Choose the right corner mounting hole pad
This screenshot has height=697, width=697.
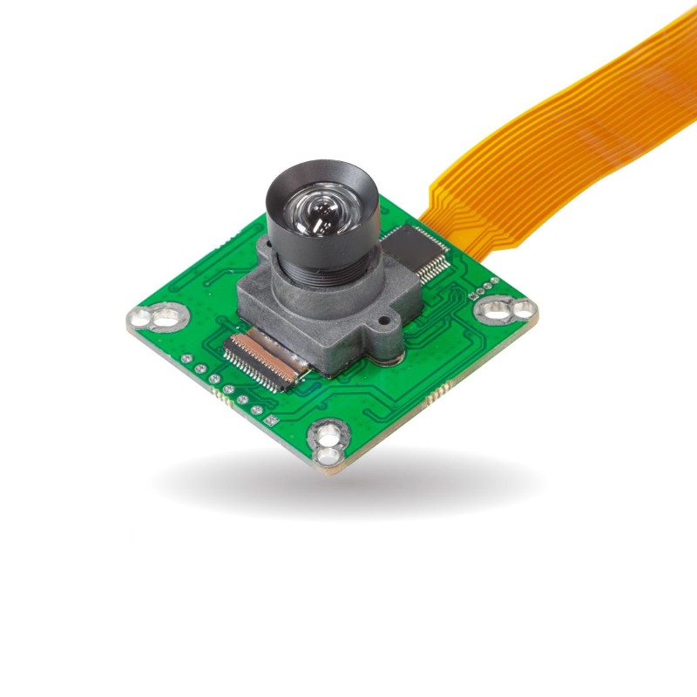click(x=505, y=309)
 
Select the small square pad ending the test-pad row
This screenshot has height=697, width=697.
click(x=272, y=420)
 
